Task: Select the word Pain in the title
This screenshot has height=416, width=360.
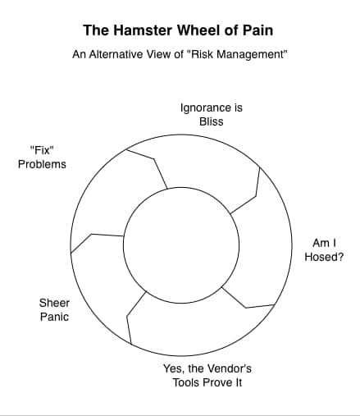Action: click(x=258, y=30)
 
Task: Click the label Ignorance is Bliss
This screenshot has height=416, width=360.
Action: click(x=212, y=115)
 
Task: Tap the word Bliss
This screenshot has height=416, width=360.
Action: click(x=212, y=121)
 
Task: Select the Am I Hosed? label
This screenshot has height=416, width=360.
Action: click(x=324, y=250)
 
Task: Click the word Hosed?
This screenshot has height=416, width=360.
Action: click(x=324, y=257)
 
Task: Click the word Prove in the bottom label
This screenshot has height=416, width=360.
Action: click(x=218, y=382)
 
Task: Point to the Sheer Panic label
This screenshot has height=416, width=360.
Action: click(x=54, y=310)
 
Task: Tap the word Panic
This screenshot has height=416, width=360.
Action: click(x=54, y=317)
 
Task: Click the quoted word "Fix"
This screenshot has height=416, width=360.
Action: click(x=42, y=150)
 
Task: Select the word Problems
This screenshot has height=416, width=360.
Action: click(x=42, y=164)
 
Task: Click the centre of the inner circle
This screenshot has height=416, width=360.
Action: click(x=181, y=245)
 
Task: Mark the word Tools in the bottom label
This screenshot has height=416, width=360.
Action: click(x=186, y=382)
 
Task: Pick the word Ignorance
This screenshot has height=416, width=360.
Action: click(x=204, y=107)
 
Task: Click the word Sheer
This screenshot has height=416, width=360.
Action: click(x=54, y=303)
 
